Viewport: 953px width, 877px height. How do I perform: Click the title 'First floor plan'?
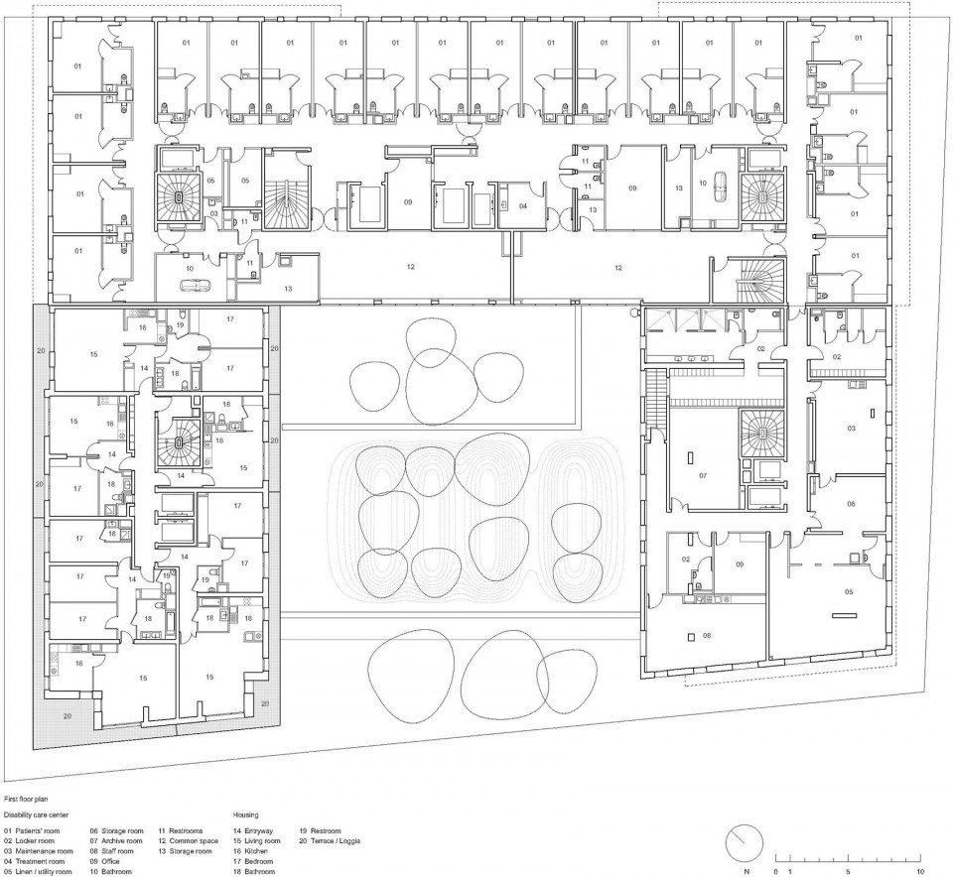coord(25,798)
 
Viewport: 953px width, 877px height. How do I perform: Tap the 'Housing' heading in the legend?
coord(248,813)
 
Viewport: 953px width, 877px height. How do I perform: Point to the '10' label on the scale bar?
coord(921,869)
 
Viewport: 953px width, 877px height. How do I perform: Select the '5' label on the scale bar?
coord(848,869)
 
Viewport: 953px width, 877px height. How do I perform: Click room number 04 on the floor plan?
coord(522,206)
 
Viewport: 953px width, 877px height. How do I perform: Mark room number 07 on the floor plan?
coord(702,476)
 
